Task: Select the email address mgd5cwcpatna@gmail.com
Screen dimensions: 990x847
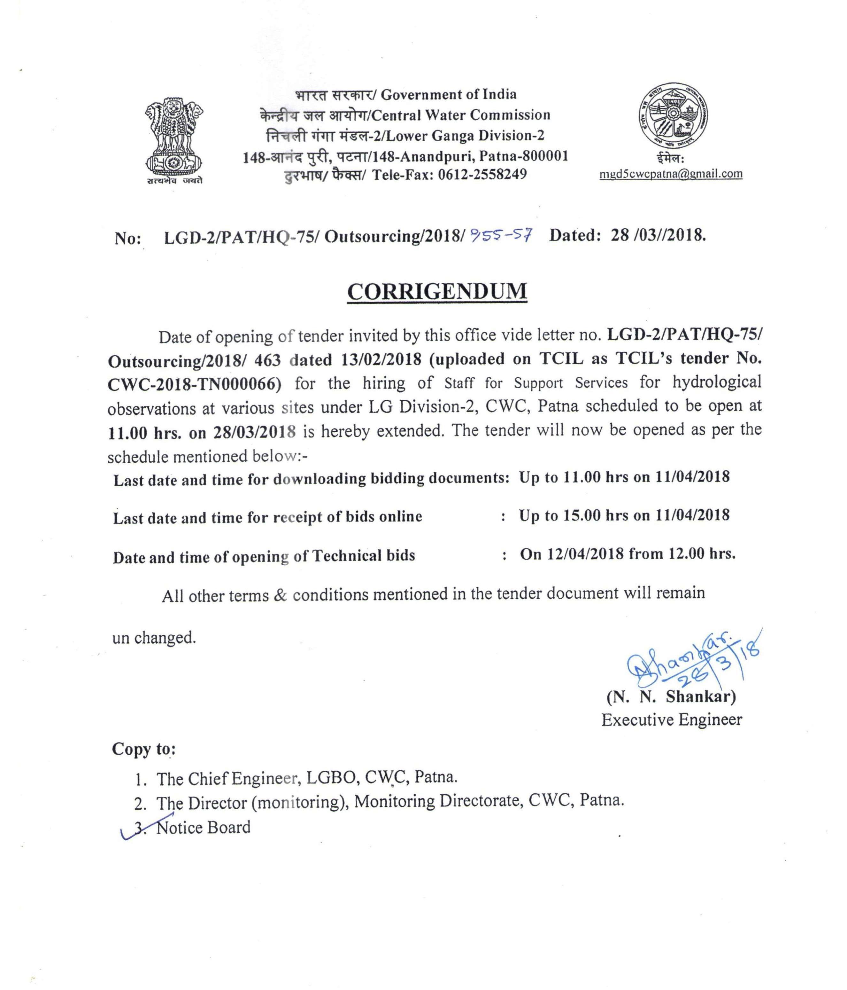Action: [x=671, y=174]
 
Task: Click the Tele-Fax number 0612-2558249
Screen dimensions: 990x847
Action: [x=482, y=174]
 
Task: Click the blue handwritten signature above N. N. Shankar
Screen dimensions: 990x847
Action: [x=688, y=662]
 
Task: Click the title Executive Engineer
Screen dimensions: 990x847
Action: [x=671, y=719]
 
